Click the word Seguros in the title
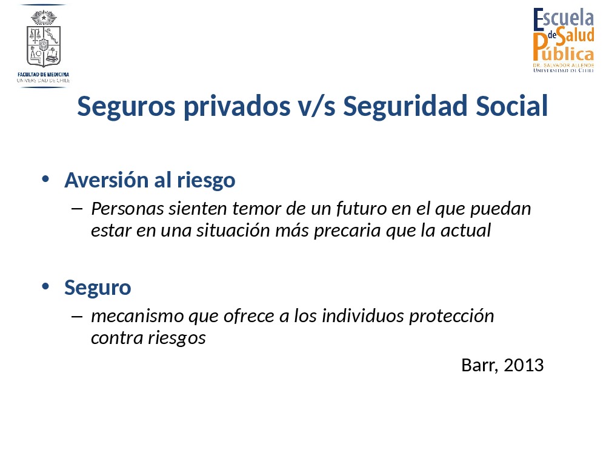[126, 107]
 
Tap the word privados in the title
[237, 107]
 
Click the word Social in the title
[511, 106]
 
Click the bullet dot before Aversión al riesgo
[45, 179]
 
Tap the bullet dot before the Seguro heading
[45, 286]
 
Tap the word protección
[451, 317]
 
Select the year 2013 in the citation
[524, 365]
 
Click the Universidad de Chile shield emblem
[44, 39]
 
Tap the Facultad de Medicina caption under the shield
[43, 74]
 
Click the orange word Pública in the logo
[563, 49]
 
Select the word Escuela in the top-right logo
[564, 19]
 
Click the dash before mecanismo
[77, 317]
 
